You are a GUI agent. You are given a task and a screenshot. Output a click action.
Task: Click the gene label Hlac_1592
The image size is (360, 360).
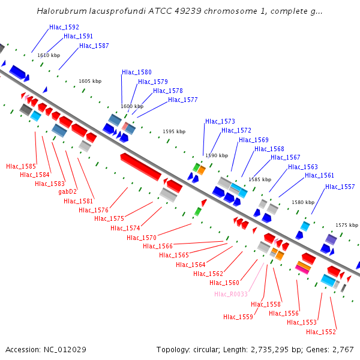[x=64, y=28]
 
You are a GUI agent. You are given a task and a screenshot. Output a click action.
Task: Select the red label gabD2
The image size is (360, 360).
[x=68, y=192]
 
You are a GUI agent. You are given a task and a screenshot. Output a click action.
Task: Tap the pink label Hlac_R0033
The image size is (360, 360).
[x=231, y=294]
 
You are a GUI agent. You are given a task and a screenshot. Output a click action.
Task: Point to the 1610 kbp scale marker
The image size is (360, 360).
[x=49, y=55]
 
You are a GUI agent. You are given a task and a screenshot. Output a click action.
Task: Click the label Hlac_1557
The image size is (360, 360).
[x=340, y=187]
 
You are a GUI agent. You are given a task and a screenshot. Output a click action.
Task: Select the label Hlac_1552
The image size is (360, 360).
[x=321, y=332]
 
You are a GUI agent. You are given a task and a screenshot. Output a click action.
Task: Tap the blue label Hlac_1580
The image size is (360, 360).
[x=137, y=72]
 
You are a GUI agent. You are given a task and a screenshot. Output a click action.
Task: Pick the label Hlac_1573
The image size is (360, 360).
[x=220, y=121]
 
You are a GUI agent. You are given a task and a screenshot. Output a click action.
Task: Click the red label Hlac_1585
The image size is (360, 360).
[x=21, y=166]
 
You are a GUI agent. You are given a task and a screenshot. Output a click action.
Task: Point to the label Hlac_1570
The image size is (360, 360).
[x=142, y=238]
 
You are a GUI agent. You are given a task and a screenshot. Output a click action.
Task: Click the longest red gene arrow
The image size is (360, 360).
[x=141, y=166]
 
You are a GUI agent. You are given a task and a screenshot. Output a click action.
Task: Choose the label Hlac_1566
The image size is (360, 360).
[x=158, y=247]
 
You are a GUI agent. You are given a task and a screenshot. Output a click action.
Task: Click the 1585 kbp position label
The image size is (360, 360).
[x=260, y=179]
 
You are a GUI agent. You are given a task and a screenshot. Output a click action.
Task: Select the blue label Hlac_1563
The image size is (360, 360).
[x=303, y=167]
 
